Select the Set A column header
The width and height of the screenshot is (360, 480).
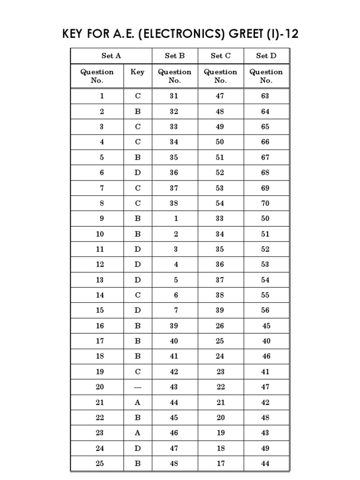pyautogui.click(x=111, y=56)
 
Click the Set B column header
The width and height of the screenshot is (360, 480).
pyautogui.click(x=174, y=56)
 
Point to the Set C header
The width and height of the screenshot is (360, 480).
pyautogui.click(x=220, y=56)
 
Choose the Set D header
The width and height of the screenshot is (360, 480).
pyautogui.click(x=266, y=56)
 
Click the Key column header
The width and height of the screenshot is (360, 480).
pyautogui.click(x=137, y=72)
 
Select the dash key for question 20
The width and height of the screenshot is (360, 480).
pyautogui.click(x=137, y=387)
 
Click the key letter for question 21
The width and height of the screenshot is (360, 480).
pyautogui.click(x=137, y=402)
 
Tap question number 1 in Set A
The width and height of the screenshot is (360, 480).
pyautogui.click(x=102, y=96)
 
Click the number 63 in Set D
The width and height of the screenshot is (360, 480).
pyautogui.click(x=265, y=96)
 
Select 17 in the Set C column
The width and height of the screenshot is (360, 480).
pyautogui.click(x=220, y=464)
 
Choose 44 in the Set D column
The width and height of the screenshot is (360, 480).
pyautogui.click(x=265, y=464)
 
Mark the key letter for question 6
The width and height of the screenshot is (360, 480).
pyautogui.click(x=137, y=172)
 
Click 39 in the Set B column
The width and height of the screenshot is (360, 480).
pyautogui.click(x=174, y=326)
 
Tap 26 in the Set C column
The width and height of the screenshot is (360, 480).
pyautogui.click(x=220, y=326)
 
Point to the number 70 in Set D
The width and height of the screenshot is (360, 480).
pyautogui.click(x=265, y=203)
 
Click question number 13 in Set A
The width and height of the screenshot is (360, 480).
pyautogui.click(x=100, y=280)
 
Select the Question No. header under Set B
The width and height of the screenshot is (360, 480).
pyautogui.click(x=174, y=76)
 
